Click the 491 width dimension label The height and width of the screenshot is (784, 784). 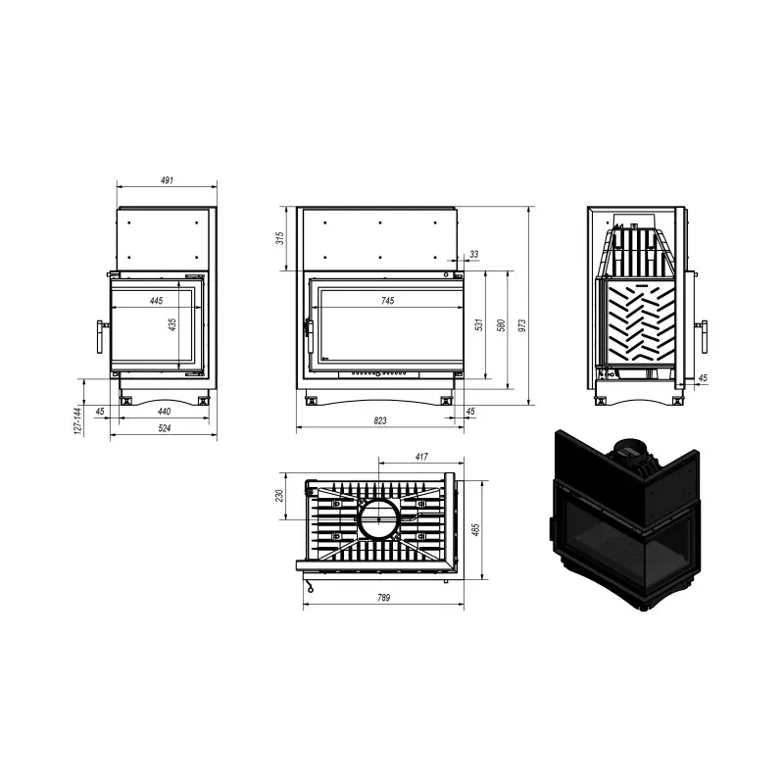coord(167,180)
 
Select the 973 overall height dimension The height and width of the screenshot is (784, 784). coord(522,326)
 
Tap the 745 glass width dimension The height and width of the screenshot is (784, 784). coord(387,301)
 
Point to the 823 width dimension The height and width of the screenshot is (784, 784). coord(380,420)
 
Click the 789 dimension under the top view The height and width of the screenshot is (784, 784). coord(383,598)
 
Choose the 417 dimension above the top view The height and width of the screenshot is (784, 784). coord(421,457)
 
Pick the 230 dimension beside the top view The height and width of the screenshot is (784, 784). coord(279,496)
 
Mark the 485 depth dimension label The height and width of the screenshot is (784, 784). coord(475,530)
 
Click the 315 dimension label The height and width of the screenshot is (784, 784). coord(280,238)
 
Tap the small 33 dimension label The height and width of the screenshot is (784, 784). coord(474,254)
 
